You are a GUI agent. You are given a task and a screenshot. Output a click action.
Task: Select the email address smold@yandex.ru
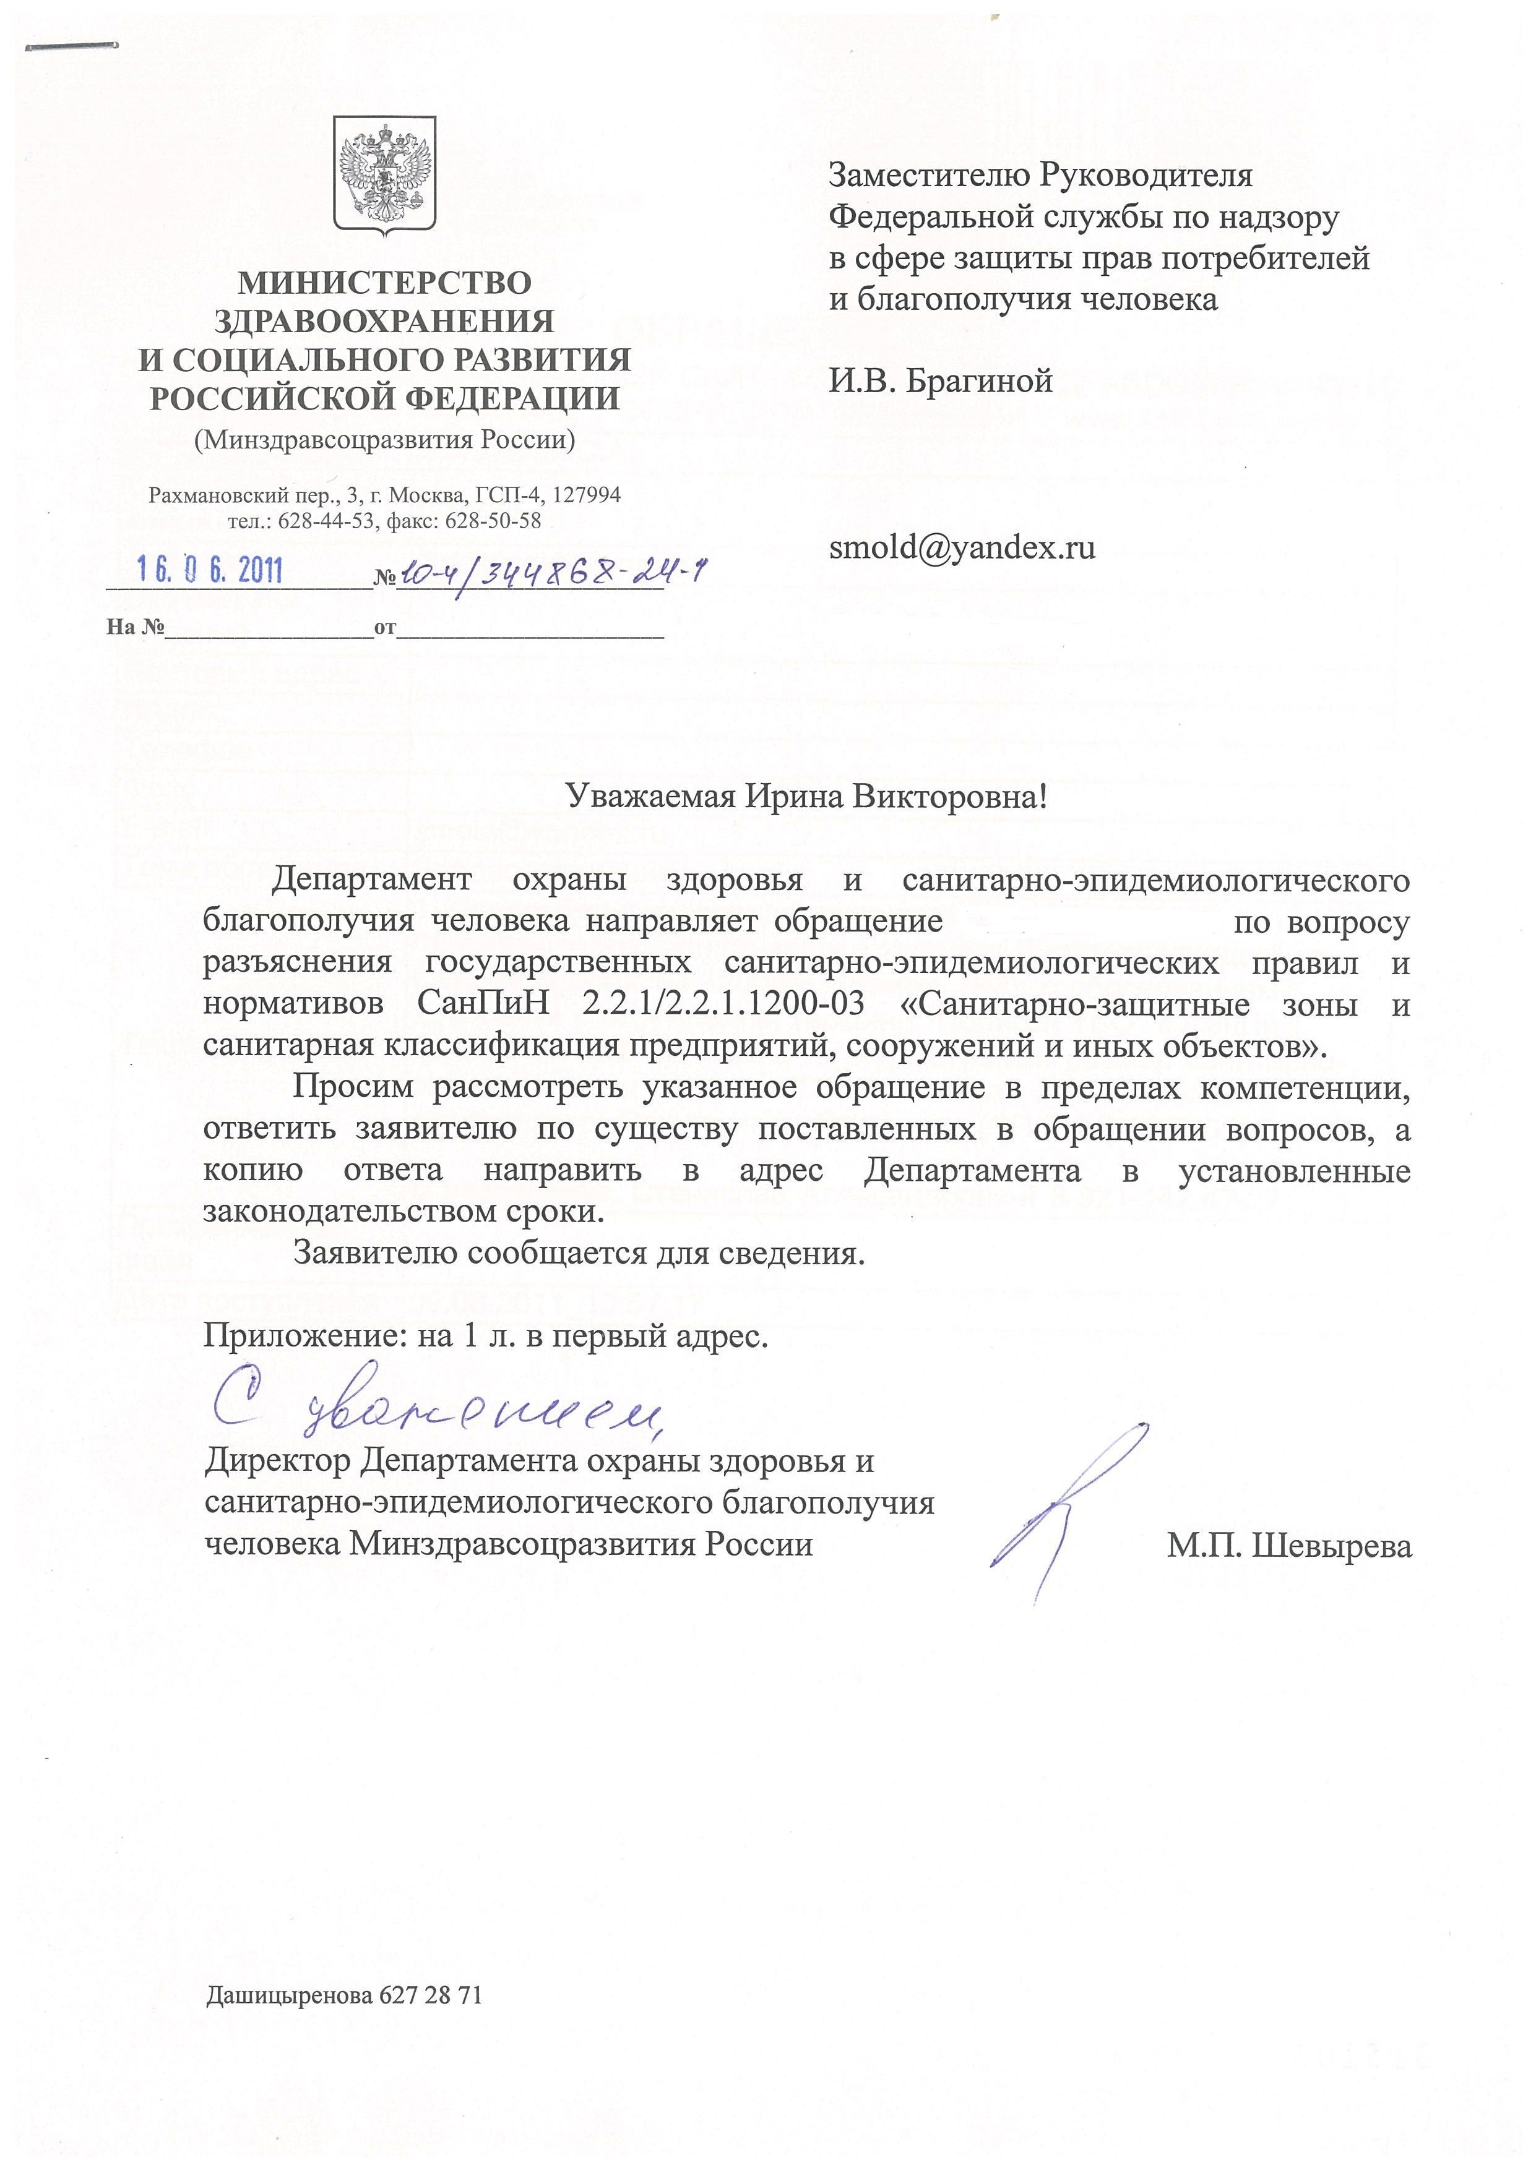pyautogui.click(x=962, y=547)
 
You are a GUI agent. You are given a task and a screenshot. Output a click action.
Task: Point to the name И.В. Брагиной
pyautogui.click(x=940, y=381)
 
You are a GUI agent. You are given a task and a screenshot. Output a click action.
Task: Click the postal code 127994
pyautogui.click(x=587, y=495)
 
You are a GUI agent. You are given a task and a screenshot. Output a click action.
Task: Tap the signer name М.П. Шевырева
pyautogui.click(x=1289, y=1547)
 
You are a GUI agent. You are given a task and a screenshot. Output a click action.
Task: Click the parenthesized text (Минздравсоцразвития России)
pyautogui.click(x=384, y=440)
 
